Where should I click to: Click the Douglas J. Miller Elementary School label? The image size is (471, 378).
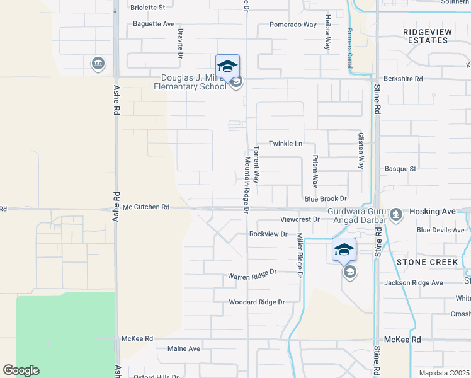(193, 82)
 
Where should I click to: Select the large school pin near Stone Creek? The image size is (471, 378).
(344, 250)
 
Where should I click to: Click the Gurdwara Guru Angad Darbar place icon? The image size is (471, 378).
(396, 215)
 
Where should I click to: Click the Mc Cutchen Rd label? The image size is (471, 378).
(146, 207)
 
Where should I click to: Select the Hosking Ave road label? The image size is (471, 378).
(432, 212)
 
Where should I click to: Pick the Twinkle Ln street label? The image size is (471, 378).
(286, 144)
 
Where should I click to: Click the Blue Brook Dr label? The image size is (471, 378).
(326, 198)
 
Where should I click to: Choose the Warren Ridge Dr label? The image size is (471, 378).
(252, 275)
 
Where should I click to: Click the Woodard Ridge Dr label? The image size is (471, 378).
(256, 302)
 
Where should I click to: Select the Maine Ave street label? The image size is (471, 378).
(183, 348)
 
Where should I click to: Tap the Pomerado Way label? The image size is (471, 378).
(292, 25)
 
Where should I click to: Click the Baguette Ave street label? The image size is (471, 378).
(153, 24)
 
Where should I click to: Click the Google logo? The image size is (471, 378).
(21, 370)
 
